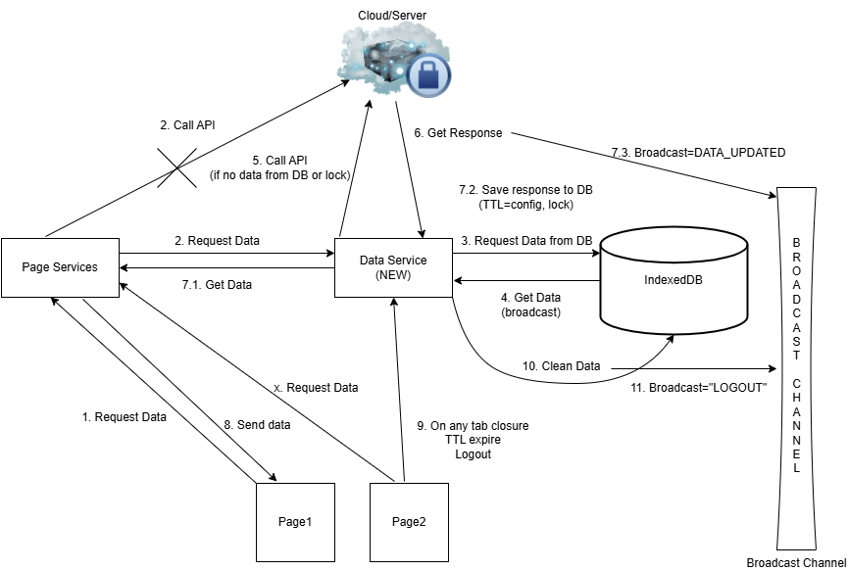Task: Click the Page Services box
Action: (61, 266)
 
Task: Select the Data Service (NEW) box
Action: (394, 266)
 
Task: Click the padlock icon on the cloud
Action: (428, 72)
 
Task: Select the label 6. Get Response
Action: (458, 133)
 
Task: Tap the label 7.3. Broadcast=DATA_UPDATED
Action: (698, 153)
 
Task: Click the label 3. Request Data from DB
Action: (527, 240)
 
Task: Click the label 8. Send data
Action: (257, 425)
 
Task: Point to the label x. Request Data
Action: (316, 388)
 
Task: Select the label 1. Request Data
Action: (125, 417)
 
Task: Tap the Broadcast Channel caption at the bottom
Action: (795, 562)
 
